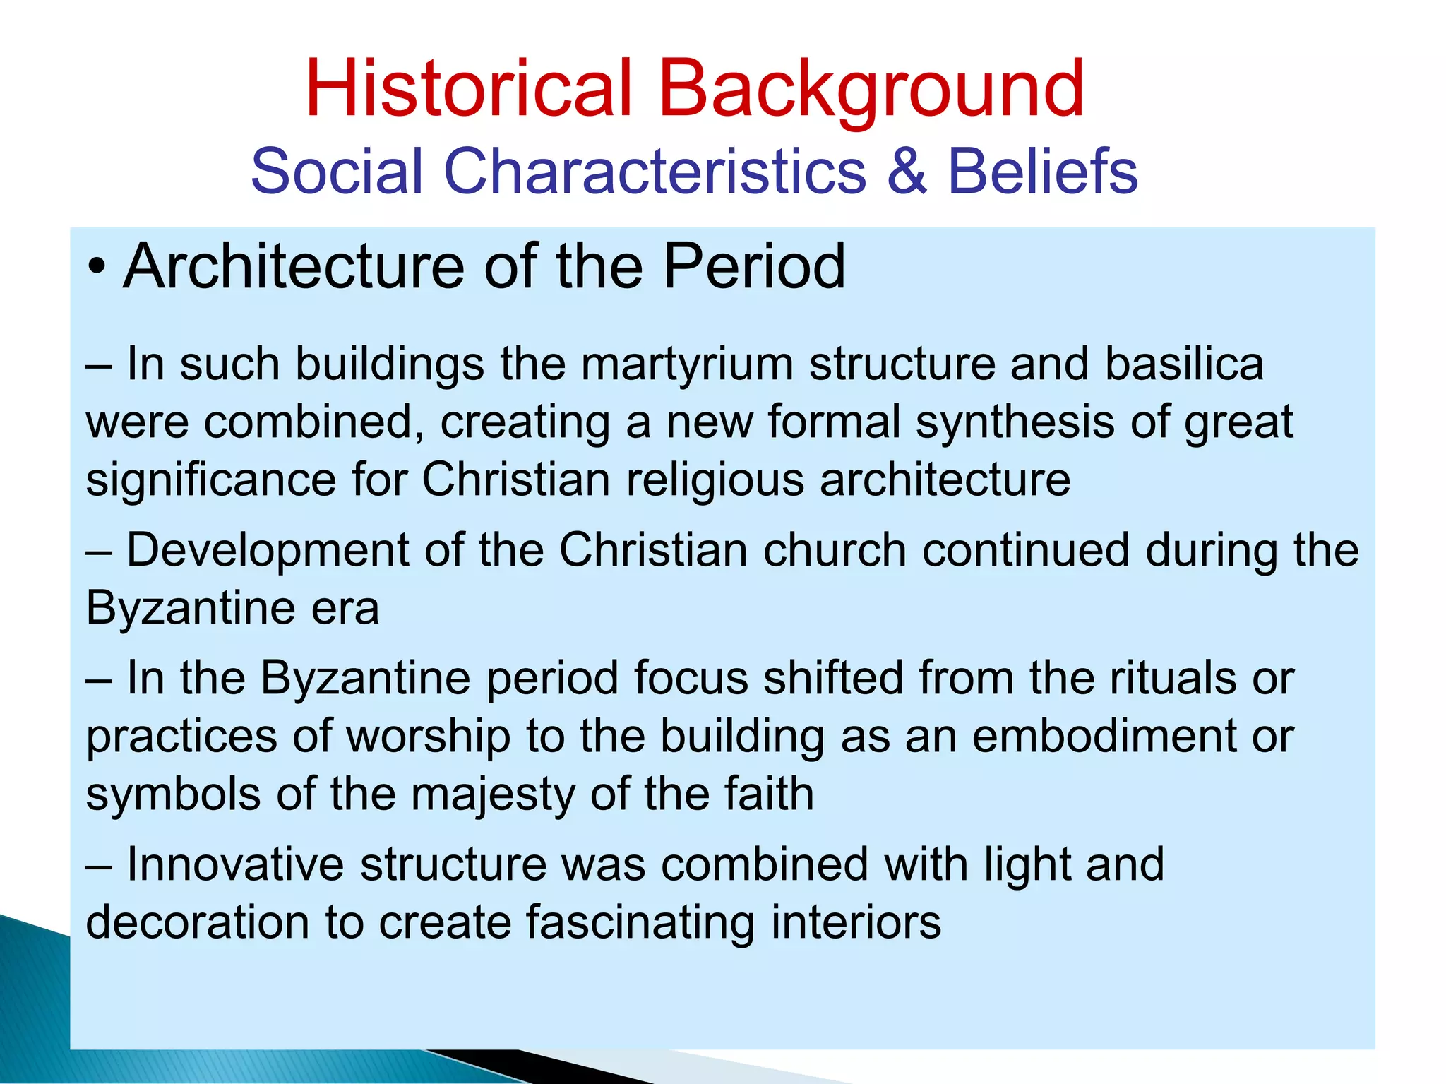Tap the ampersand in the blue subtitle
click(906, 172)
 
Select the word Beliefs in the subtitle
click(1042, 172)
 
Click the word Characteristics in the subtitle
click(654, 172)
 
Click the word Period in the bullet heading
click(754, 267)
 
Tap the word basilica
click(1183, 364)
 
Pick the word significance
click(210, 480)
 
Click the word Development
click(268, 550)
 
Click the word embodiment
click(1104, 737)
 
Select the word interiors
click(856, 922)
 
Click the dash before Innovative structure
click(98, 867)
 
